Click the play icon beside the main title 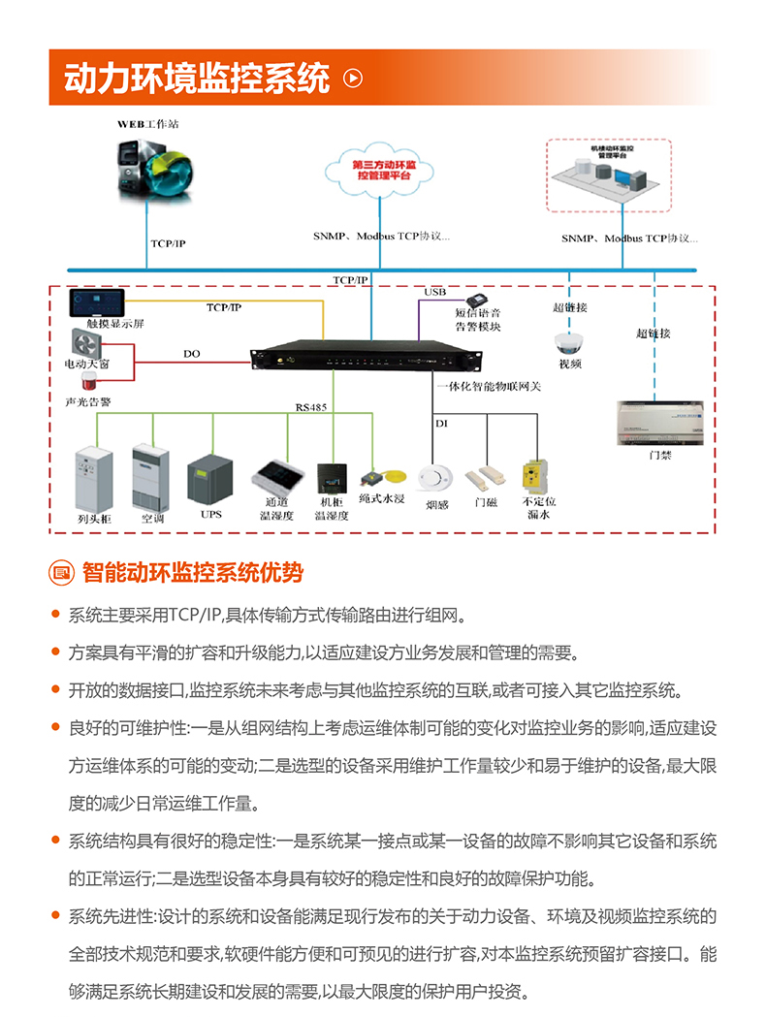354,79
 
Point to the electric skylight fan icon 86,342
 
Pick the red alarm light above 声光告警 89,381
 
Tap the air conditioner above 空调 151,477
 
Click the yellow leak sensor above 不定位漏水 537,477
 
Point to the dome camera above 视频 568,343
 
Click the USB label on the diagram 435,292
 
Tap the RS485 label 311,407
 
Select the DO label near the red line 192,354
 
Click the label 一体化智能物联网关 488,386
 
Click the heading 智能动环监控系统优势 193,573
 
